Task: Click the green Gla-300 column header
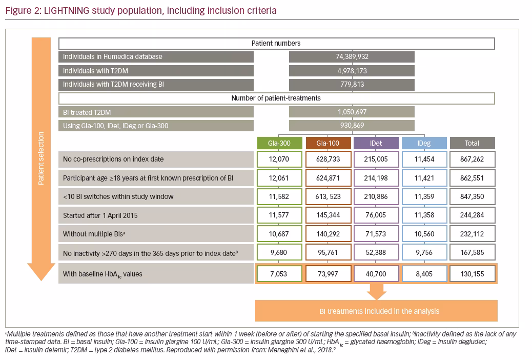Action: (279, 143)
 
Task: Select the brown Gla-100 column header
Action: (328, 143)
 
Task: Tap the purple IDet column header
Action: (376, 143)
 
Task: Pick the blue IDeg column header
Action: (424, 143)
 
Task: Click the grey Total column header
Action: (472, 143)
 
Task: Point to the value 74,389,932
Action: (352, 57)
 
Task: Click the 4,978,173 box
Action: (352, 71)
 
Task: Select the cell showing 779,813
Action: (352, 85)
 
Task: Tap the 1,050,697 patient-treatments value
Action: (352, 112)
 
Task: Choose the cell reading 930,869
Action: (352, 126)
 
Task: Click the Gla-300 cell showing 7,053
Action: (279, 274)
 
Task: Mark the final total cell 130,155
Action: (472, 274)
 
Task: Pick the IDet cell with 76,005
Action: (376, 215)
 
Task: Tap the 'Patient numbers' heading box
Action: (277, 44)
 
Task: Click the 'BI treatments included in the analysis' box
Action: (376, 311)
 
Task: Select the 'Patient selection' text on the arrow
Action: (41, 158)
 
